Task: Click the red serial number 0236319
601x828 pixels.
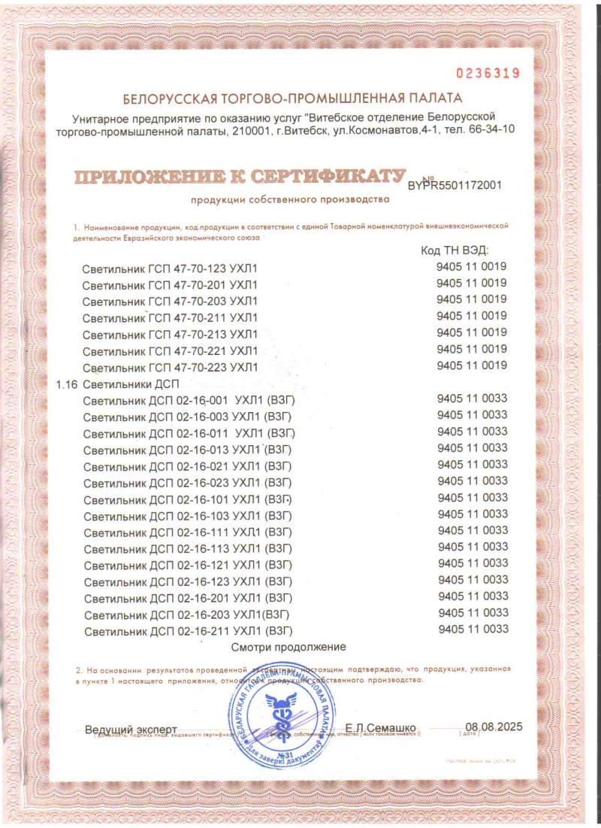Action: [488, 73]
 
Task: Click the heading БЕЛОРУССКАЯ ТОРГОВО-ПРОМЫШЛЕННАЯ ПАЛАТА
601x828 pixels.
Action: [293, 99]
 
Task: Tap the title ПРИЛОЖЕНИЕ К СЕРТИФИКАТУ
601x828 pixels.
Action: [234, 177]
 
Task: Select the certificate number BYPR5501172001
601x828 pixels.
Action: [455, 184]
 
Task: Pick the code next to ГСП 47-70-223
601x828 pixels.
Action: [472, 366]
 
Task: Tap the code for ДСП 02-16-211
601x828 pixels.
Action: [472, 629]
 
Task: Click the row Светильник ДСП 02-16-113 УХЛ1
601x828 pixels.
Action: [187, 548]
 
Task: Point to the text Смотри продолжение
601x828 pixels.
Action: [288, 647]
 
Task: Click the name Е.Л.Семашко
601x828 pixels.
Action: [380, 728]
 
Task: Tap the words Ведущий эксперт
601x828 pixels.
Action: [131, 729]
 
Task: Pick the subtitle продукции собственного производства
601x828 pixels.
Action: [290, 199]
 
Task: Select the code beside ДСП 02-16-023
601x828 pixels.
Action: [472, 481]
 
